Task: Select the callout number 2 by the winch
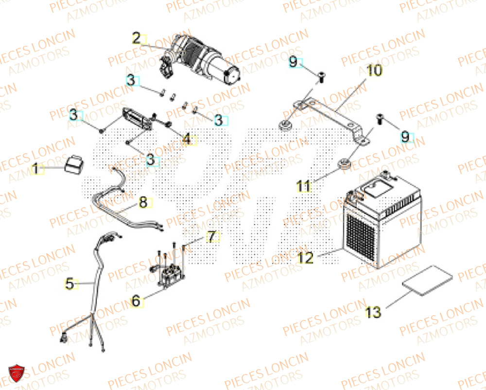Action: click(137, 38)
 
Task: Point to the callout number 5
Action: click(70, 284)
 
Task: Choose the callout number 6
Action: click(137, 301)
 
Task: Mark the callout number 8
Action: click(142, 203)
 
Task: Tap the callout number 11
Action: click(304, 186)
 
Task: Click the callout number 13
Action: click(373, 312)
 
